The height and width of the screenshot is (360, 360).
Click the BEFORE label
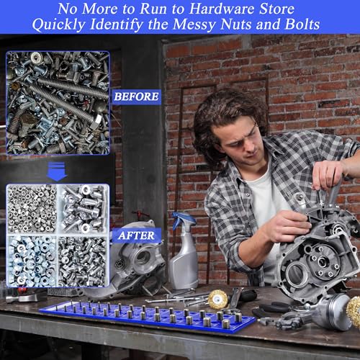(x=136, y=96)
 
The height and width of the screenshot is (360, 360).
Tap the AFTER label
(x=136, y=235)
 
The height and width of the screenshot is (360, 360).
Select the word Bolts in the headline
(x=302, y=24)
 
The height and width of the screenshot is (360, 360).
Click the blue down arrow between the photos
(x=57, y=171)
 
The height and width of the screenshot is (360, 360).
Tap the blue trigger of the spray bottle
(x=184, y=218)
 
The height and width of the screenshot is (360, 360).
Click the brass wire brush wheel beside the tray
(x=218, y=300)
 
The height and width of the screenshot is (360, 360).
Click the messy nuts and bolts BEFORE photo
(x=58, y=103)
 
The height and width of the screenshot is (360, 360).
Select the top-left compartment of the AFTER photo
(x=32, y=209)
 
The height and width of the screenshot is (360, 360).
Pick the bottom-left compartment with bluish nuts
(x=32, y=261)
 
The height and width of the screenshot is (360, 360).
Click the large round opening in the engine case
(x=297, y=274)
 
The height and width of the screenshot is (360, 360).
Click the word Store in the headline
(x=278, y=9)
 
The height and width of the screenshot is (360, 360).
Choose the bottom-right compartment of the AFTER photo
(x=82, y=261)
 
